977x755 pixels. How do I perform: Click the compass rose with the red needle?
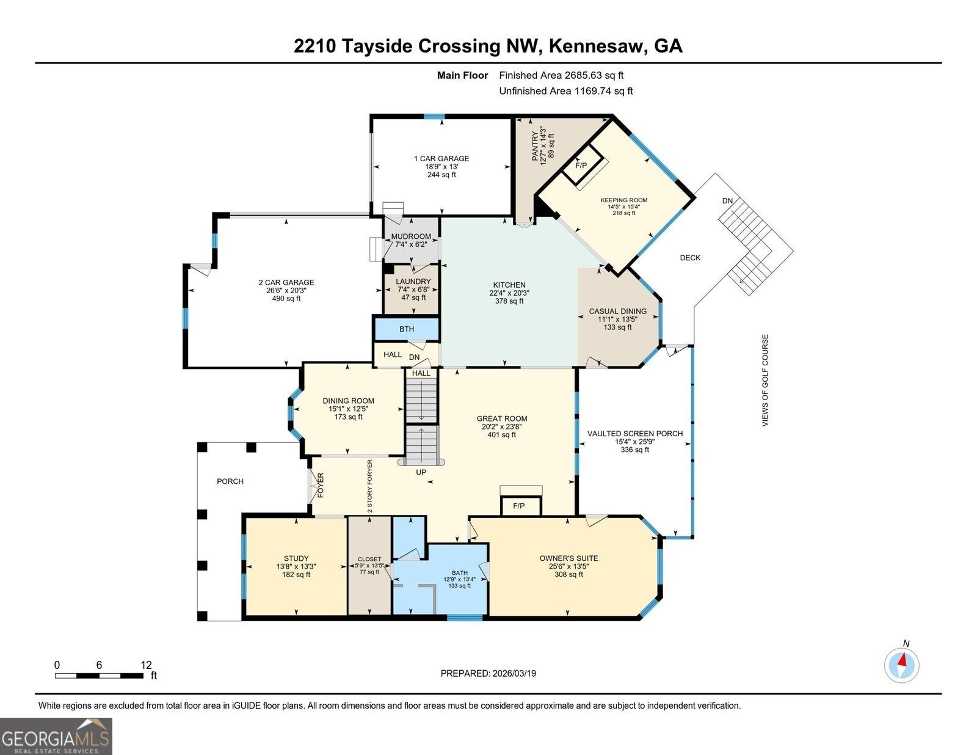[901, 666]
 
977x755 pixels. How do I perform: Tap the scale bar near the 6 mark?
[99, 676]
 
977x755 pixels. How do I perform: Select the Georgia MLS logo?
[56, 736]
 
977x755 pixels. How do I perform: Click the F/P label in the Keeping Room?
[581, 166]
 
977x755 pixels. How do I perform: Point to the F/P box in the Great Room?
[521, 506]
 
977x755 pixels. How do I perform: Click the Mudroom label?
[411, 236]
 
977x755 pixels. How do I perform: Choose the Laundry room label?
[413, 282]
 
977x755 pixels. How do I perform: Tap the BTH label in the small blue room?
[407, 329]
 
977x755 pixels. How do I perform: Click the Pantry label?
[535, 146]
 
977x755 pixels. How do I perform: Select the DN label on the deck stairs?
[727, 201]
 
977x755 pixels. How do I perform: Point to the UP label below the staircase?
[421, 472]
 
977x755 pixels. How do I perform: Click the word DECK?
[690, 258]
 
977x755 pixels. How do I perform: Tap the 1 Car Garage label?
[441, 159]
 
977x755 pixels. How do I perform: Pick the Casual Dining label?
[618, 311]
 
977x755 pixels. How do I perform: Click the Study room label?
[296, 558]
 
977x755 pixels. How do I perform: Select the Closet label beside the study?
[369, 560]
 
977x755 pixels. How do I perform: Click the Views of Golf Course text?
[765, 381]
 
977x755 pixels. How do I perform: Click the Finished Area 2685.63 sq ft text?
[561, 76]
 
